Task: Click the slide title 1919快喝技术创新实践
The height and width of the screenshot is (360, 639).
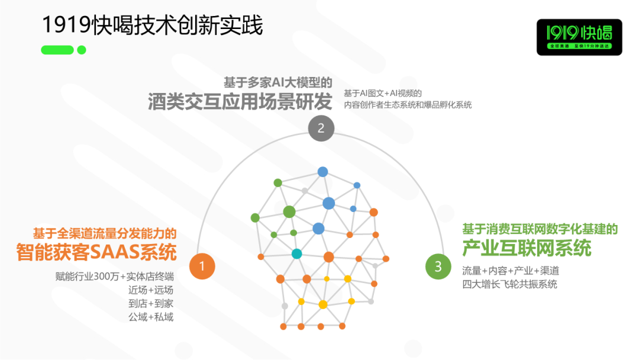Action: [153, 25]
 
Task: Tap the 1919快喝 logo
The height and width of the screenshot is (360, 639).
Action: [579, 37]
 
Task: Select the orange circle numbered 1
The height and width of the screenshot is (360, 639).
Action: [202, 266]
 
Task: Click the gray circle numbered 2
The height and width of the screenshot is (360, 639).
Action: [321, 128]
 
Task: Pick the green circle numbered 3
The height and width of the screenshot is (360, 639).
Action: [438, 266]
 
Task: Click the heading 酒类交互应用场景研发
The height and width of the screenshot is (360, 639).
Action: [240, 101]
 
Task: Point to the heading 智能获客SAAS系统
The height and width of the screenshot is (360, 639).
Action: [96, 252]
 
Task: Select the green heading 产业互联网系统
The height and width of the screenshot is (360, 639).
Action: [527, 248]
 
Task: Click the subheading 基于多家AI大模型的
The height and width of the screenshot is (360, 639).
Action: [278, 82]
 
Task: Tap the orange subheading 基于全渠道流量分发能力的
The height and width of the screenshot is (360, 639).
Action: [105, 234]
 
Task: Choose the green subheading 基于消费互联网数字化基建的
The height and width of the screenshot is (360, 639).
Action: [540, 229]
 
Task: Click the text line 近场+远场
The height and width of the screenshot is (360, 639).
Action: [151, 290]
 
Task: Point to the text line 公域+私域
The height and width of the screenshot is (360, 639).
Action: [151, 317]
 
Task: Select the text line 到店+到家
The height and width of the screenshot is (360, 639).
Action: [151, 303]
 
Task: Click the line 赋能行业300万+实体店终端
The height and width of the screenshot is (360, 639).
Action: [115, 277]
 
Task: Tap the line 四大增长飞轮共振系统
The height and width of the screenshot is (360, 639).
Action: [509, 284]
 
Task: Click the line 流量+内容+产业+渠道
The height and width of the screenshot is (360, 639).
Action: [511, 271]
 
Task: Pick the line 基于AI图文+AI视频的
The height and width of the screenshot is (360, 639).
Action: [383, 94]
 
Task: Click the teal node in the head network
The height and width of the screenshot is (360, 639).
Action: [296, 253]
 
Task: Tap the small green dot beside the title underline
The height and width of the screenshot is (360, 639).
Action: [82, 50]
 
